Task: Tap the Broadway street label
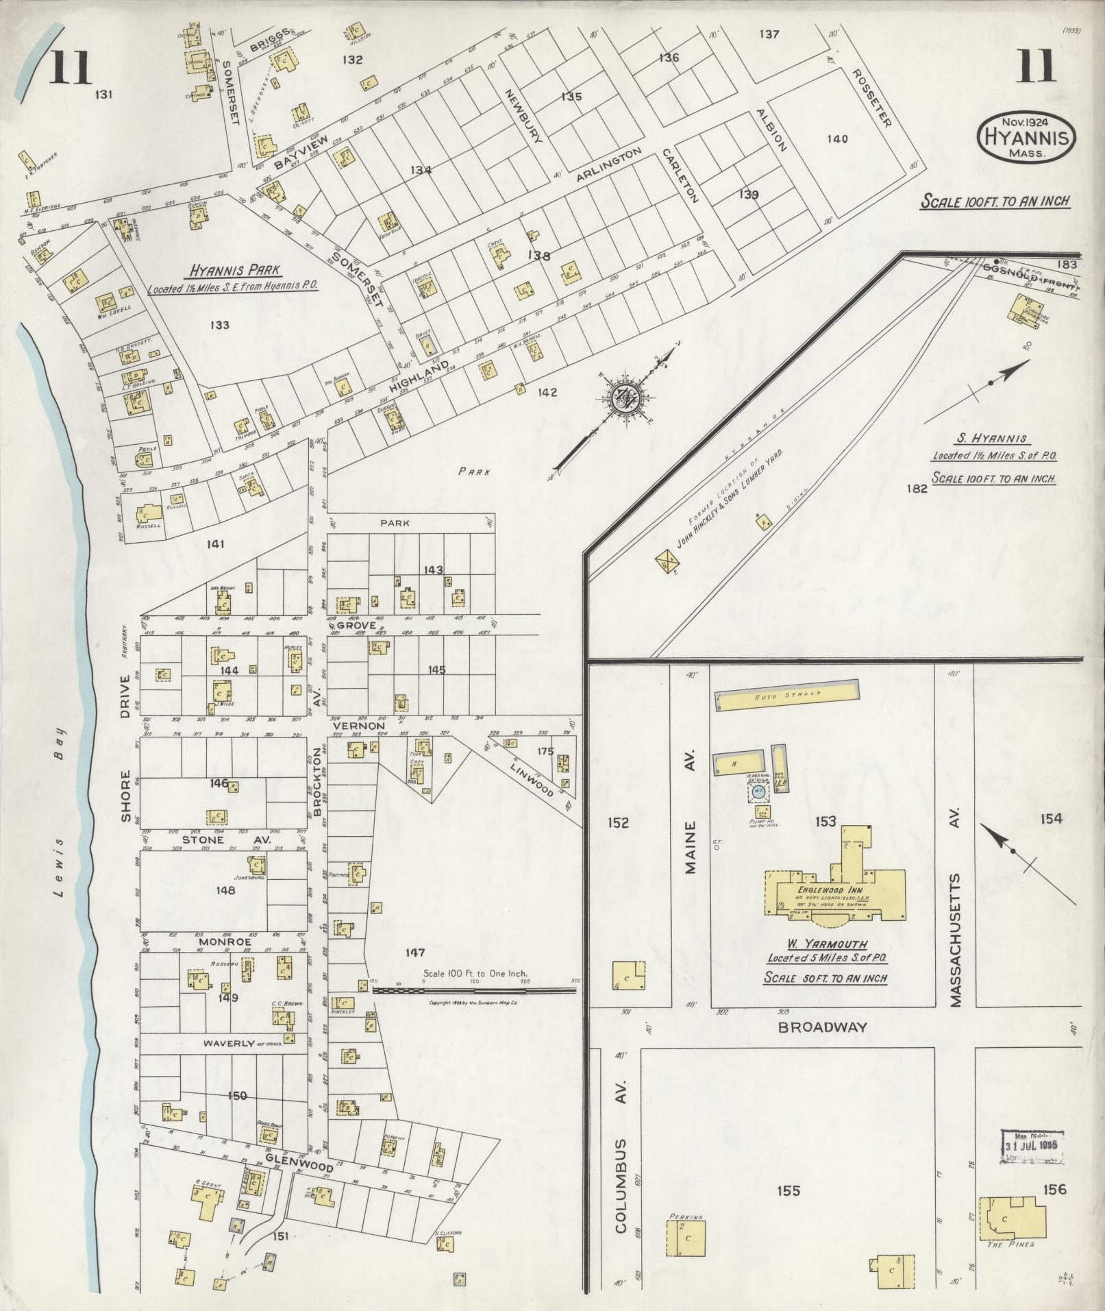point(822,1027)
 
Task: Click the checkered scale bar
point(473,990)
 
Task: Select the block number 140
point(837,138)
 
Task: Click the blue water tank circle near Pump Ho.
point(757,791)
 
